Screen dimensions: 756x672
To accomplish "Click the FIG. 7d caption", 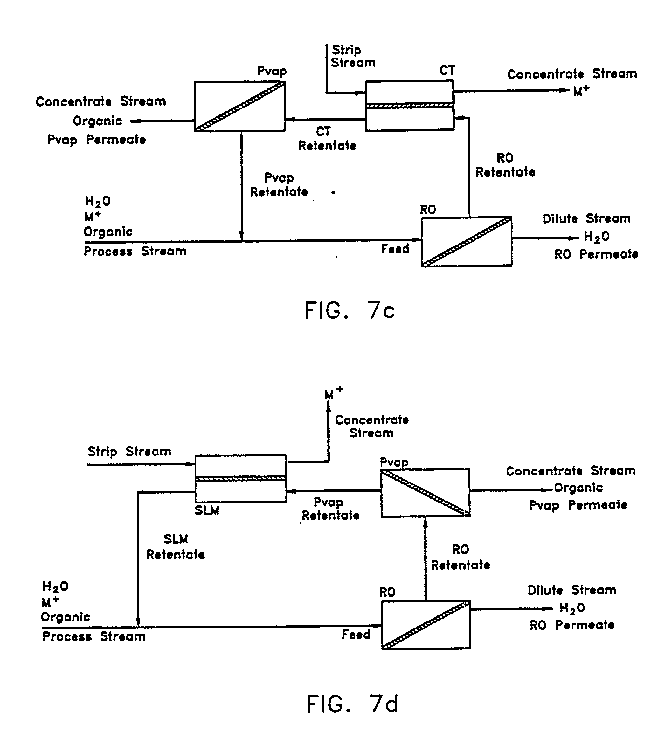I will click(352, 704).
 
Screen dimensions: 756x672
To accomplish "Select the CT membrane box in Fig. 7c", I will click(409, 106).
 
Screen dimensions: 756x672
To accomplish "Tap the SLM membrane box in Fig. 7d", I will click(240, 478).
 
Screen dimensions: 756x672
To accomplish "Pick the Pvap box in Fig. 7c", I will click(240, 107).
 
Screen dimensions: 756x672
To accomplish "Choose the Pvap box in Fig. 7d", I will click(425, 493).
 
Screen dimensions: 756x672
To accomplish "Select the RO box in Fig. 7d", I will click(426, 625).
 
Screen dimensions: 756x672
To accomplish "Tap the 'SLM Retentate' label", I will click(176, 547).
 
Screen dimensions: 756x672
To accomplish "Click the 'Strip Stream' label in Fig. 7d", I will click(129, 452).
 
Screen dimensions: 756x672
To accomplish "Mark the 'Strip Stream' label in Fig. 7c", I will click(352, 56).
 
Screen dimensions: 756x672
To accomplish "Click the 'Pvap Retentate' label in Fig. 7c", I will click(279, 185).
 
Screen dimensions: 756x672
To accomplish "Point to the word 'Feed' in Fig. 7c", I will click(395, 249).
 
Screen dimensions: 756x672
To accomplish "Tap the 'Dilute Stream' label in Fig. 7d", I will click(572, 590).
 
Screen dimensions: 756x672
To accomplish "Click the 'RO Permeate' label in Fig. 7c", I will click(596, 254).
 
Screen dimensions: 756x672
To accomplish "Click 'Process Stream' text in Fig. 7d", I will click(94, 636).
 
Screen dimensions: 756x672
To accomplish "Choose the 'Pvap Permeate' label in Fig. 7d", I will click(578, 505).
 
